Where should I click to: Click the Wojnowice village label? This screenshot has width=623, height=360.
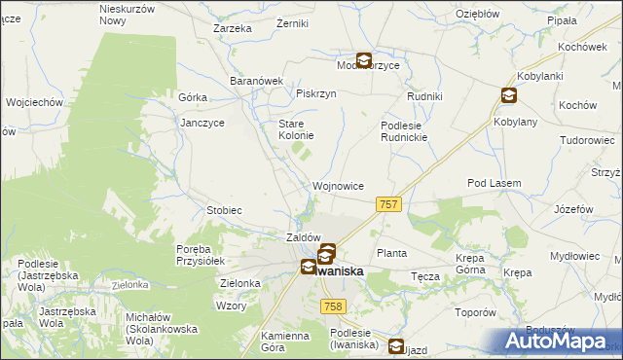(339, 185)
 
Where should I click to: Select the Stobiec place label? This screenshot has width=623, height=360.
(224, 210)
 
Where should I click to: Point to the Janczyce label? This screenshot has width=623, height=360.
(203, 124)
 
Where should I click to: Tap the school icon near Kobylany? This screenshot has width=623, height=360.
(509, 94)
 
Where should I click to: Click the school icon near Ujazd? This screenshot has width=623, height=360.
(396, 345)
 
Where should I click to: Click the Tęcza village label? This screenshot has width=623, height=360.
(425, 276)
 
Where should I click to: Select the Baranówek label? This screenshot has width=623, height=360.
(255, 81)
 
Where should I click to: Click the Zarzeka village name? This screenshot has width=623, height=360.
(233, 28)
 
